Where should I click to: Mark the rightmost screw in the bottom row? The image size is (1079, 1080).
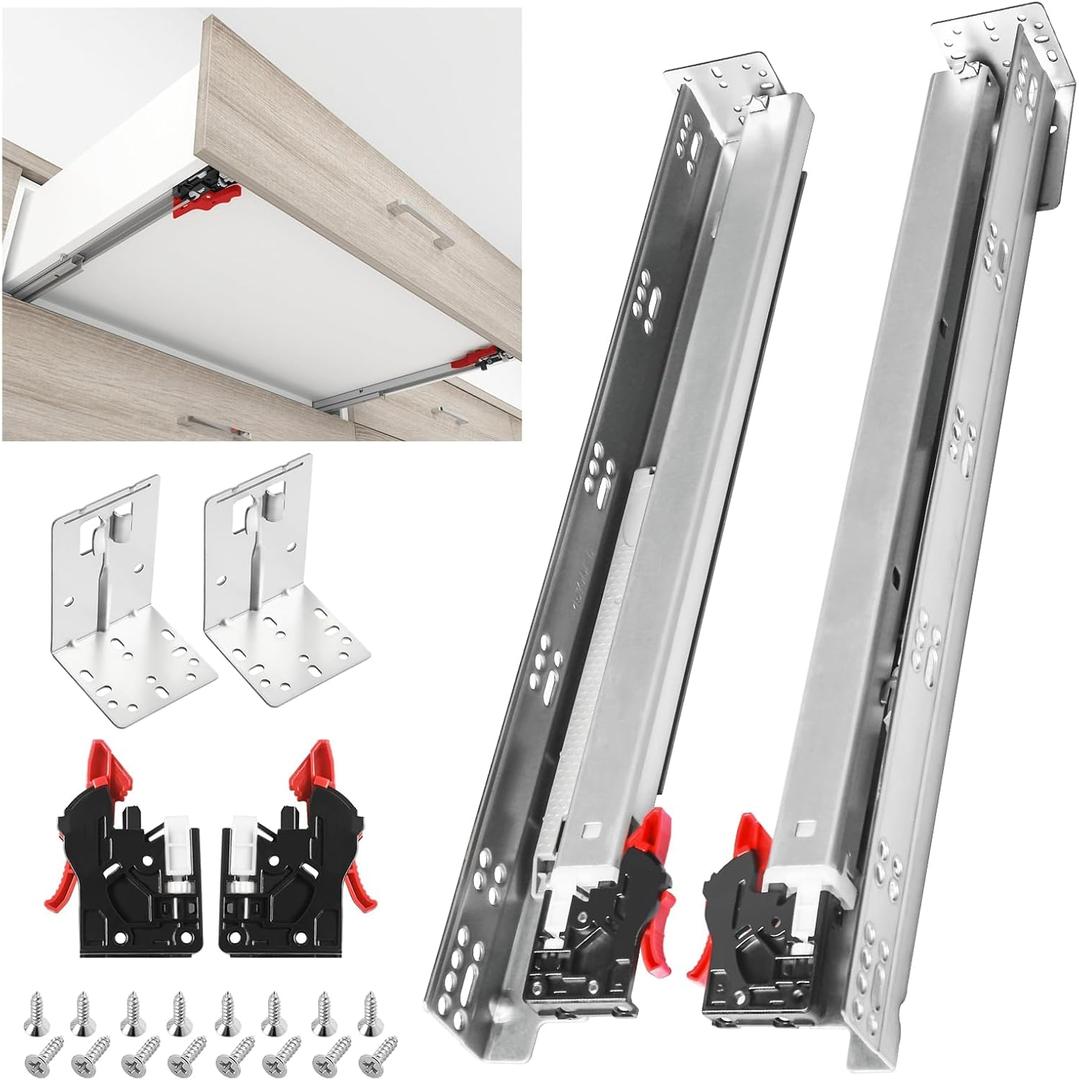[378, 1056]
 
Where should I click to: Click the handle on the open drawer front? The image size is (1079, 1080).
[421, 221]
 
